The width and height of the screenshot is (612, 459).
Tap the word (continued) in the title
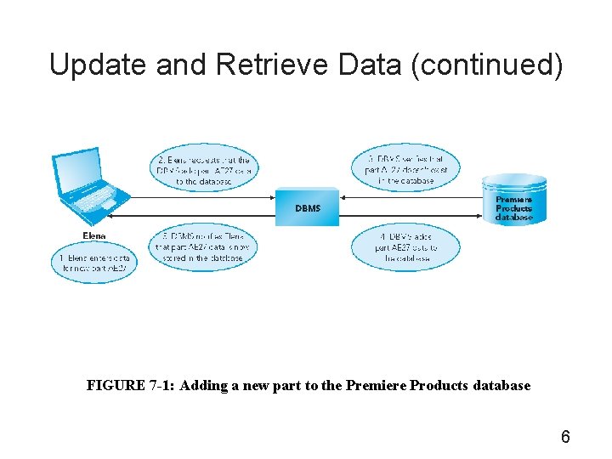point(486,65)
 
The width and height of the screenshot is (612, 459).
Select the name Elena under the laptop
point(94,235)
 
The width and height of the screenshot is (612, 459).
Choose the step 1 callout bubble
point(93,263)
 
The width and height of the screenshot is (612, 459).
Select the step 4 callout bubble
point(404,246)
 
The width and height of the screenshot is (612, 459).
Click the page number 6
point(565,438)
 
